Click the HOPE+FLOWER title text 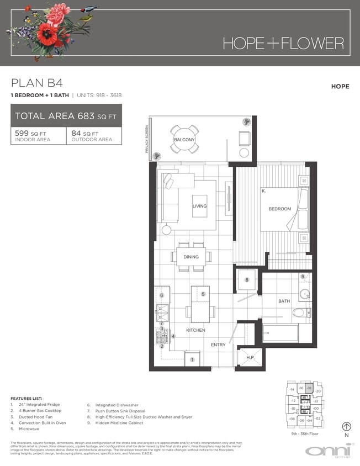click(x=283, y=43)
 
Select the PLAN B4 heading click(x=37, y=83)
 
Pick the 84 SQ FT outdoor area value click(x=84, y=134)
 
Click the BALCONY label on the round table click(x=184, y=140)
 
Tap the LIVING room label click(x=199, y=206)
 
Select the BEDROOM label click(x=279, y=209)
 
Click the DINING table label click(x=191, y=256)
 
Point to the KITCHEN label click(x=195, y=330)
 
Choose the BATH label click(x=284, y=301)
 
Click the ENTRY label click(x=218, y=345)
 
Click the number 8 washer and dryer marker click(x=247, y=280)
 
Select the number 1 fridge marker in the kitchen click(x=192, y=360)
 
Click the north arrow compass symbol click(x=347, y=426)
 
